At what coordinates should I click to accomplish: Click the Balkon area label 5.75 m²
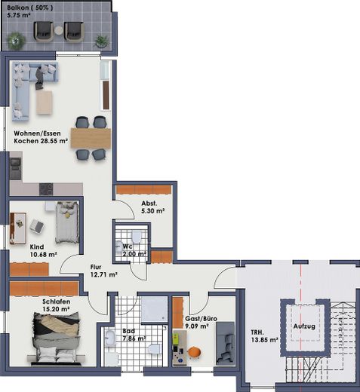19,15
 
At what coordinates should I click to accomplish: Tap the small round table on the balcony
59,30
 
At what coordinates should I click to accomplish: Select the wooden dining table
91,138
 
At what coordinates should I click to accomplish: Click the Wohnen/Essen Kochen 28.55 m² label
41,137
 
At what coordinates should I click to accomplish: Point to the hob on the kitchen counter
46,189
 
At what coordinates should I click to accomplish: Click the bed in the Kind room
67,222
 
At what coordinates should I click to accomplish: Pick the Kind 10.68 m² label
43,251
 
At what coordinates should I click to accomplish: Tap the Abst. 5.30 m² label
153,207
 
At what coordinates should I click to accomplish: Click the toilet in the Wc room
137,237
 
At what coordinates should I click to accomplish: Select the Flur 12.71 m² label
103,271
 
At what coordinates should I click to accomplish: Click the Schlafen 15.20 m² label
56,305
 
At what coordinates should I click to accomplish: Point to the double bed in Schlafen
57,338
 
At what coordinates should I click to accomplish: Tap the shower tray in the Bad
154,310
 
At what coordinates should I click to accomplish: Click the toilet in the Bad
155,349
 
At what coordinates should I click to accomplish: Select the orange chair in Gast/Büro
195,352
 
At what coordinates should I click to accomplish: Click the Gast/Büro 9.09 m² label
201,323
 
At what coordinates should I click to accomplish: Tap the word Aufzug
304,326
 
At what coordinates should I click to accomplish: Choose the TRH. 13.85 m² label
264,336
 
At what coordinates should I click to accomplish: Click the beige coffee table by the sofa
45,103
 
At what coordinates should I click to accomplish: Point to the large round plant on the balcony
17,41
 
